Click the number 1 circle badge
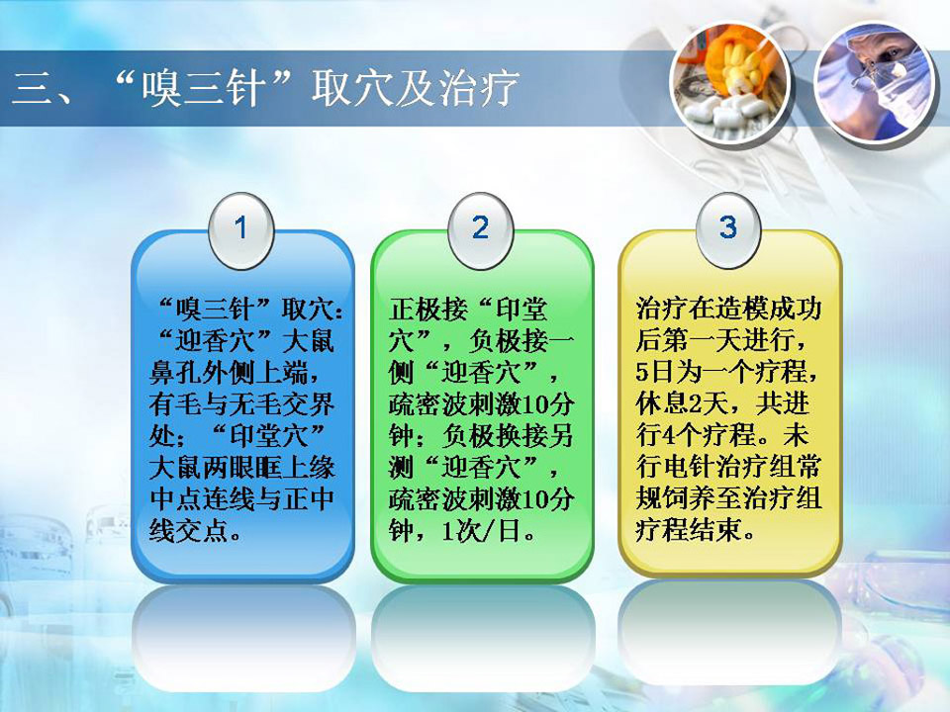click(241, 230)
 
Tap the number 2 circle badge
click(481, 230)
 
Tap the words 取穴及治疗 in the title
click(415, 88)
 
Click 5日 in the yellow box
click(655, 372)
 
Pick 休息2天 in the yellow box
click(682, 403)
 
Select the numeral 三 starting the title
click(32, 89)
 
